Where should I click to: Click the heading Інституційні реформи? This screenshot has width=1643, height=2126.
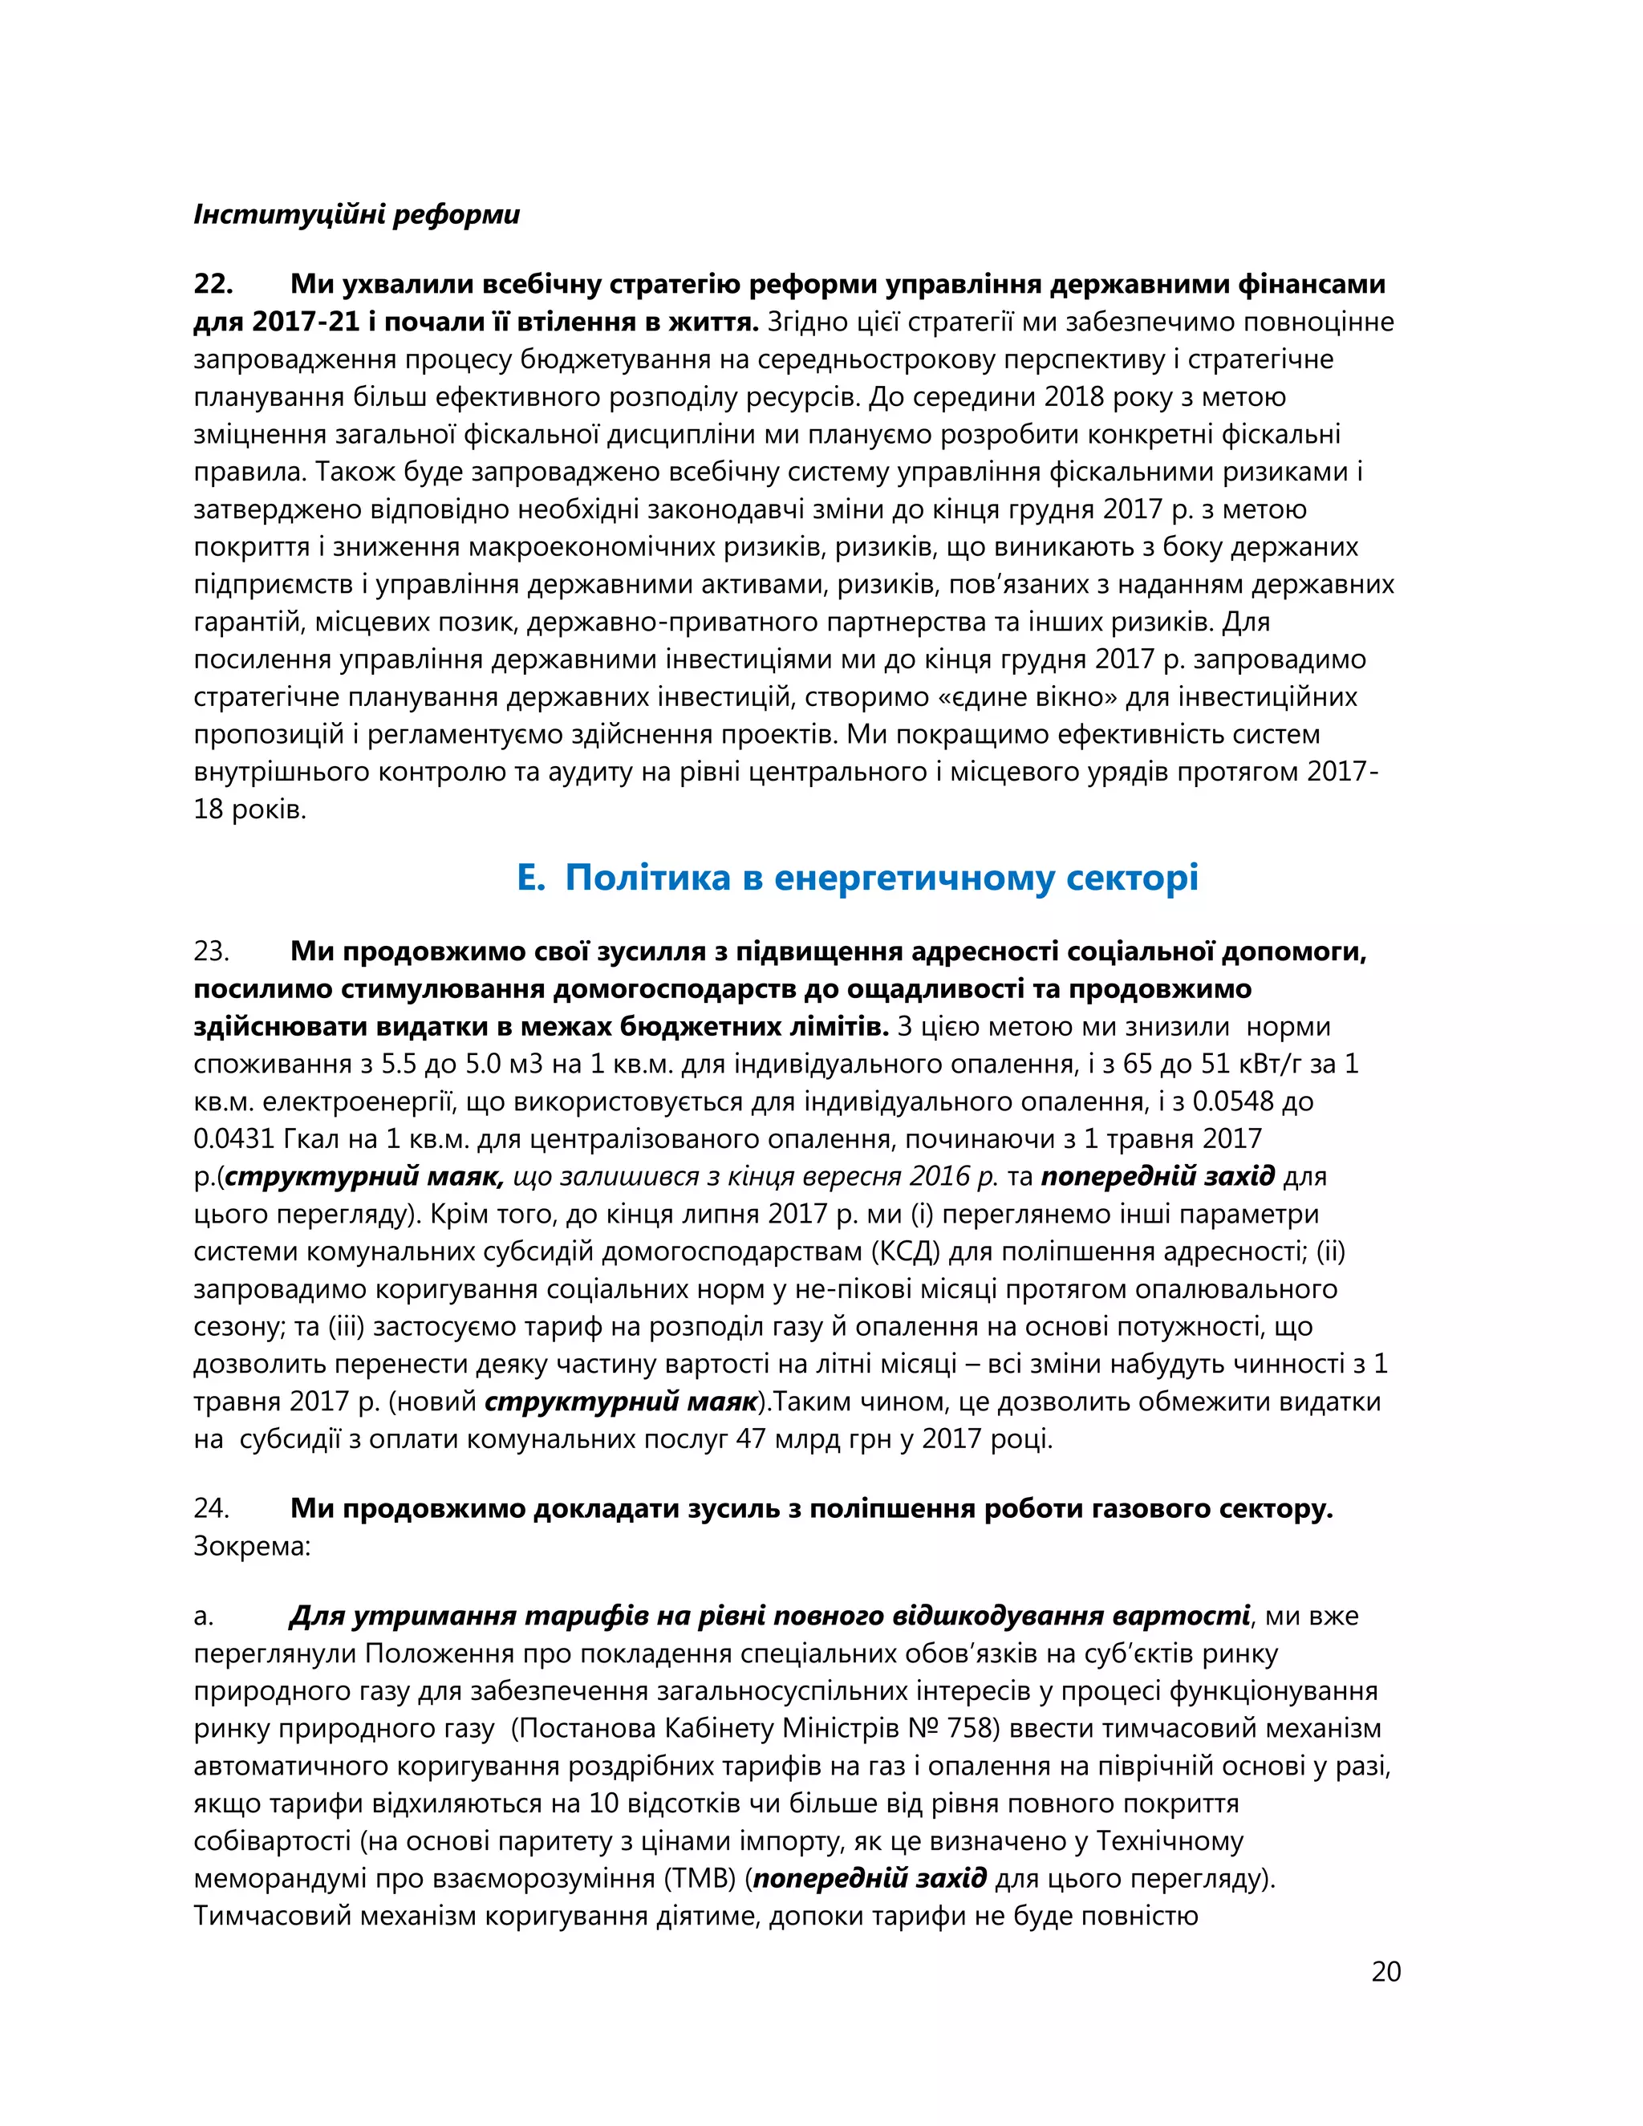[x=356, y=214]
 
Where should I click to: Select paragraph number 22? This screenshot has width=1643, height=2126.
[x=213, y=284]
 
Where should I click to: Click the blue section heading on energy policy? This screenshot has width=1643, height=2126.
[x=857, y=878]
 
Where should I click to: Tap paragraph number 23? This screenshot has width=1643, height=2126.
[x=211, y=951]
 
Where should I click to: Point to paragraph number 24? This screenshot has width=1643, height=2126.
[x=211, y=1508]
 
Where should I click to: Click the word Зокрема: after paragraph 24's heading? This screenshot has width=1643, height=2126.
[x=252, y=1546]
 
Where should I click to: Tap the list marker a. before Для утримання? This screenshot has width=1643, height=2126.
[x=204, y=1616]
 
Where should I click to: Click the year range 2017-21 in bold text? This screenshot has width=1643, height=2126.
[x=306, y=321]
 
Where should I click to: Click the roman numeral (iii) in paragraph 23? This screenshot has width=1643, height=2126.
[x=346, y=1326]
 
